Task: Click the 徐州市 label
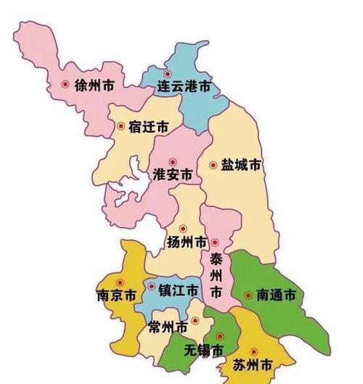click(x=94, y=86)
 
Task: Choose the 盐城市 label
click(x=241, y=166)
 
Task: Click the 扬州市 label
click(x=187, y=242)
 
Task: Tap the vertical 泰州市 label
click(x=216, y=275)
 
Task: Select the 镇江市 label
click(x=178, y=290)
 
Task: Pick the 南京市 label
click(x=116, y=296)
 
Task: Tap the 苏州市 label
click(x=253, y=364)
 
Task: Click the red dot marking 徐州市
click(x=65, y=85)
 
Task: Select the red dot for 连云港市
click(x=168, y=73)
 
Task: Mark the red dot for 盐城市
click(x=213, y=166)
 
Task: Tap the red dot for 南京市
click(x=121, y=283)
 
